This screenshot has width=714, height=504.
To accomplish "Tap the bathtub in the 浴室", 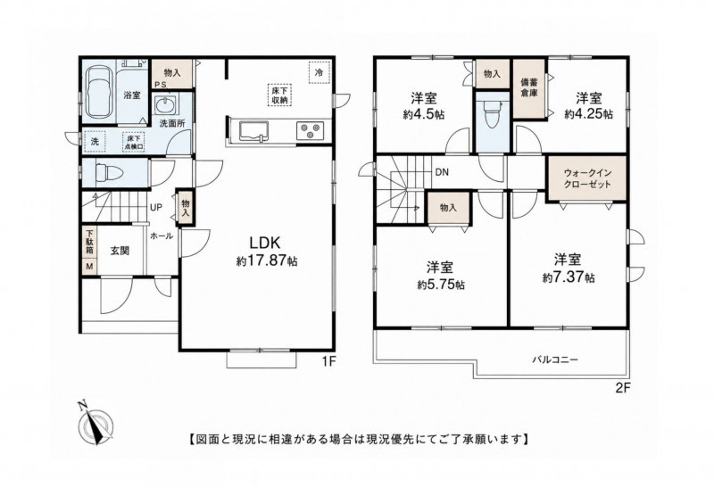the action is click(99, 93).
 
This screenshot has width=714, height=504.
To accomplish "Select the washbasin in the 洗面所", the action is click(164, 106).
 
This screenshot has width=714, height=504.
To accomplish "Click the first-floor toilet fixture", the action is click(109, 173).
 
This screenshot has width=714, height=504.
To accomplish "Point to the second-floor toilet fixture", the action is click(492, 113).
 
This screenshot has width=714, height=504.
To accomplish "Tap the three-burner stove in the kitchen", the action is click(311, 130).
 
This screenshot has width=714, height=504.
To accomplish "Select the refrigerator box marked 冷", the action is click(320, 72).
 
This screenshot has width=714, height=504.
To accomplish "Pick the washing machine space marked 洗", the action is click(95, 142).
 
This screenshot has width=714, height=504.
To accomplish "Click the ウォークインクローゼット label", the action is click(586, 178).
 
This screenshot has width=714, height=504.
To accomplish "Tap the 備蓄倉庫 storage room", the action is click(529, 90).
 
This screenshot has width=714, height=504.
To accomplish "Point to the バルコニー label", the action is click(555, 359).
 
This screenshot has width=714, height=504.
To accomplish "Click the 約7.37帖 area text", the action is click(569, 277).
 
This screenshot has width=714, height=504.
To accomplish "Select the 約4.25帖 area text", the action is click(588, 114).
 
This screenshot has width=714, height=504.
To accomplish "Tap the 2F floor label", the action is click(623, 388).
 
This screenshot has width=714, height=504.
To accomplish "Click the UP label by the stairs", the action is click(156, 208).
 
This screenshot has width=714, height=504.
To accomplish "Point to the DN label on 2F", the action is click(442, 172).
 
